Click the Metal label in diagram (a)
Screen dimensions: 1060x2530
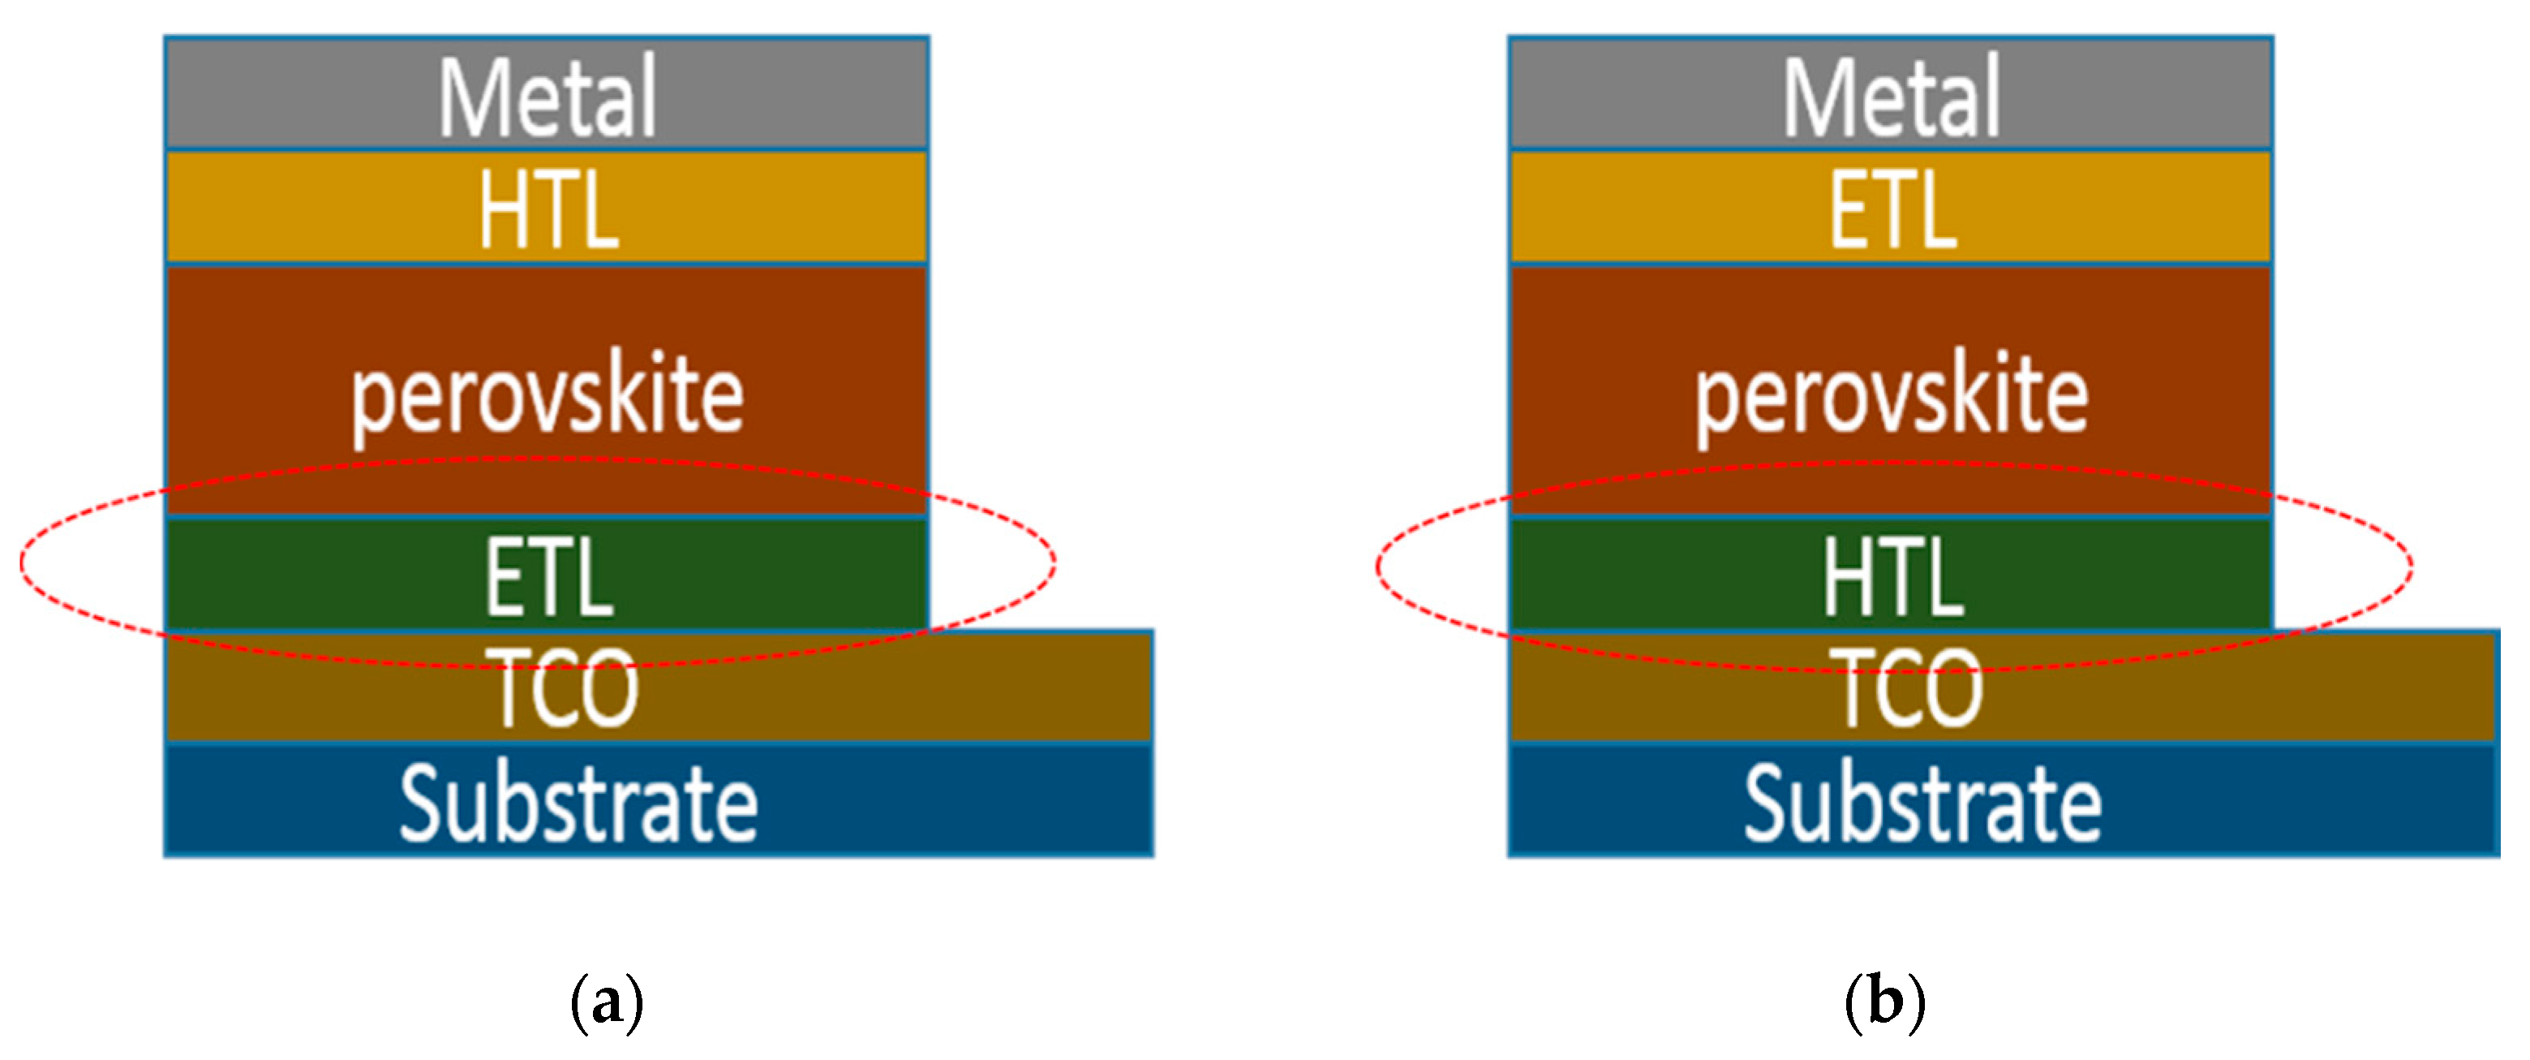coord(547,97)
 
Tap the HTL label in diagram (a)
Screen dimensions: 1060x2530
coord(548,209)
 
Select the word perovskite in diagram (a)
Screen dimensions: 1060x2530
coord(547,396)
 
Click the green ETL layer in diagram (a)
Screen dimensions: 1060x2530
coord(294,575)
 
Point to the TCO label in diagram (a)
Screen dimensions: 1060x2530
coord(567,687)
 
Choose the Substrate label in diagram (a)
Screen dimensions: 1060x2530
coord(578,804)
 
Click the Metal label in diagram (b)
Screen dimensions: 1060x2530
coord(1891,97)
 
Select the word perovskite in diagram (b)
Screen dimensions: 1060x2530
coord(1891,396)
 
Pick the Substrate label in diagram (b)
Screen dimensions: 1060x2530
coord(1922,804)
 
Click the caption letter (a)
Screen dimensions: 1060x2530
coord(607,1002)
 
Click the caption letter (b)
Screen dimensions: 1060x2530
coord(1884,1002)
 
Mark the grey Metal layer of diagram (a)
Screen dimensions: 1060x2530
coord(294,94)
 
